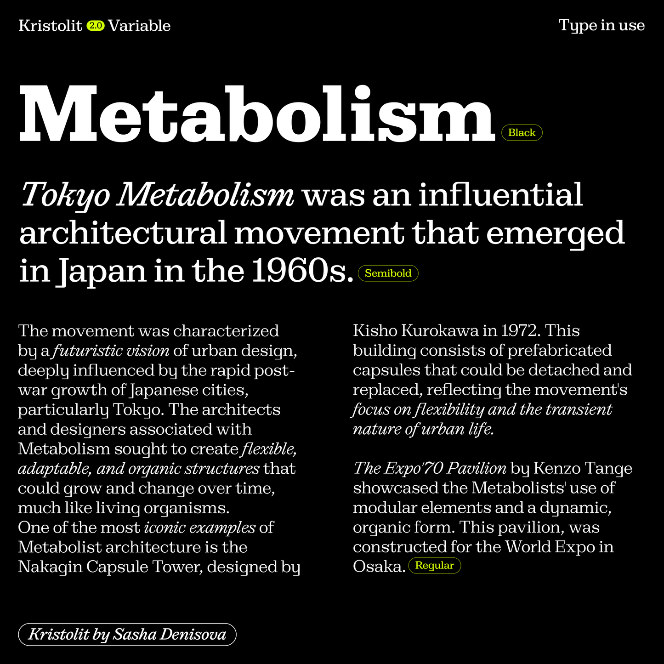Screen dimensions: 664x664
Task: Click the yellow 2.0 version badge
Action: point(96,26)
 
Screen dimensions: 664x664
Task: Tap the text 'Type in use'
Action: point(602,25)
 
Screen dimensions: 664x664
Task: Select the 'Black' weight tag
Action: point(522,133)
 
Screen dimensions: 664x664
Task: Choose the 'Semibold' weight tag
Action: point(388,273)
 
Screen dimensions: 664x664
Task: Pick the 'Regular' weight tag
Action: point(434,566)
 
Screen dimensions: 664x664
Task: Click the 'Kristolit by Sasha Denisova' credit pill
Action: point(127,635)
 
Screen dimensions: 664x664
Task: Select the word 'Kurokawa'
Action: point(441,331)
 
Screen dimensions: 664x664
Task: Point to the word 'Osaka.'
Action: point(379,567)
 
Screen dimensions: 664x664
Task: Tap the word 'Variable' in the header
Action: point(139,26)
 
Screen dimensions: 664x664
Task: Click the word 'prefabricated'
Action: point(559,351)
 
